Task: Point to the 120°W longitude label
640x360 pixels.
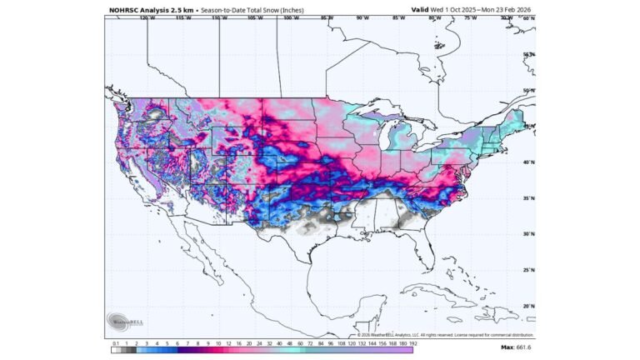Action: (147, 17)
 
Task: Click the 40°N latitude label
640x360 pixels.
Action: (528, 162)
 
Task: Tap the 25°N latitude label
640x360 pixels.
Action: (528, 270)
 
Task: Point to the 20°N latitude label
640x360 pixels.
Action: (528, 306)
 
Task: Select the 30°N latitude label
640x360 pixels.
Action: (528, 234)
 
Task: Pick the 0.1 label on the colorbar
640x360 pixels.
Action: (115, 342)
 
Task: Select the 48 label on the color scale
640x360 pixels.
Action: (287, 342)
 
